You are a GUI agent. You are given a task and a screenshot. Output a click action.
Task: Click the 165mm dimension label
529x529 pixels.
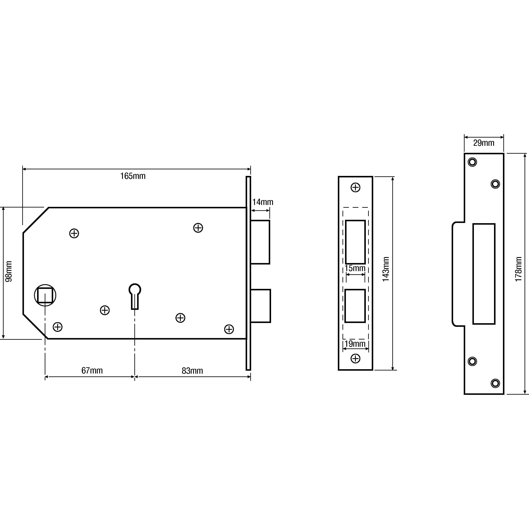[133, 176]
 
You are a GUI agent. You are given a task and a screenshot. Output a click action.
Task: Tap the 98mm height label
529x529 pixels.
[9, 271]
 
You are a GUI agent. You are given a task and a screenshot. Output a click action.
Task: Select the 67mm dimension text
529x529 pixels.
[92, 370]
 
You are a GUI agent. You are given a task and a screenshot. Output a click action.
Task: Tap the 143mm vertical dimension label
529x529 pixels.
[386, 269]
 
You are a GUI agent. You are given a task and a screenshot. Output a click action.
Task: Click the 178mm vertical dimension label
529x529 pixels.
[518, 269]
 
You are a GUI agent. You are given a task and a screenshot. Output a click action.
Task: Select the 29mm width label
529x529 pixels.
[484, 143]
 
